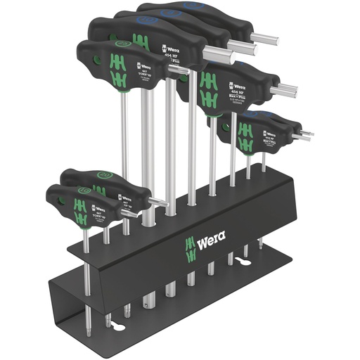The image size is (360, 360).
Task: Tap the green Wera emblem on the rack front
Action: (x=188, y=245)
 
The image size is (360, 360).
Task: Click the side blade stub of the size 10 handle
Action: (x=129, y=213)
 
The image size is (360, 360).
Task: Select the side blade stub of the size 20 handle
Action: (x=158, y=202)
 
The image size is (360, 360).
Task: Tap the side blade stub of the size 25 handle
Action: (x=179, y=70)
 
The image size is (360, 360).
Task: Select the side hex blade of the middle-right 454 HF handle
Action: (x=285, y=91)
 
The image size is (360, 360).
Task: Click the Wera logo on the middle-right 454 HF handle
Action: (x=236, y=86)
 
